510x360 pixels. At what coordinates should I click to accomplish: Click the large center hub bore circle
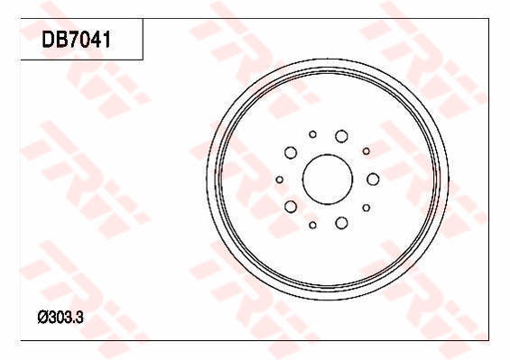coord(302,180)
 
